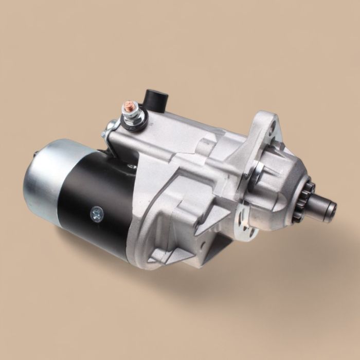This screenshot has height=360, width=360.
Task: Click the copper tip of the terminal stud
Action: click(126, 105)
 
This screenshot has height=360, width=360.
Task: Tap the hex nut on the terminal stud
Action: click(128, 114)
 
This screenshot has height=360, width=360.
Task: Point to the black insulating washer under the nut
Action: click(133, 125)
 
